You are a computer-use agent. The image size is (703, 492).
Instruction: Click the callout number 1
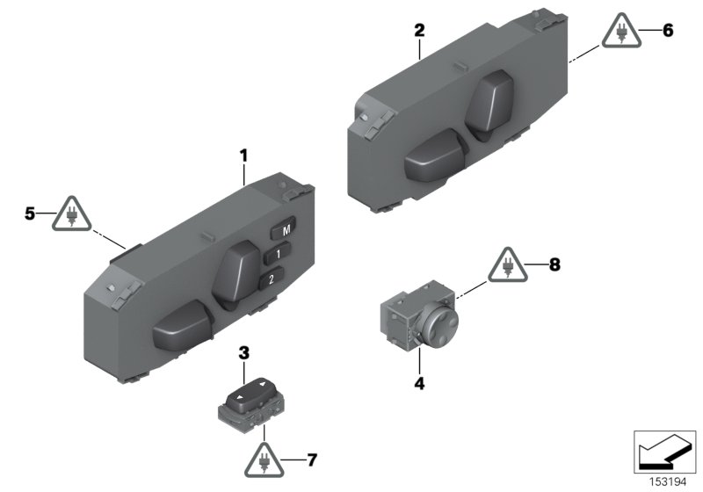(243, 156)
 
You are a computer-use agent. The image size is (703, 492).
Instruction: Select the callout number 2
(419, 30)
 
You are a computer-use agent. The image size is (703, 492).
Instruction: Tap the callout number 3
(244, 353)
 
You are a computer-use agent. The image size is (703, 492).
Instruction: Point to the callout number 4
(419, 384)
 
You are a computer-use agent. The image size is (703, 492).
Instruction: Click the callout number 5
(31, 213)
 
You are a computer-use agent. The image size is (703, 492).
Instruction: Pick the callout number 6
(667, 30)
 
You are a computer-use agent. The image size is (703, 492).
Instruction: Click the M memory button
(284, 231)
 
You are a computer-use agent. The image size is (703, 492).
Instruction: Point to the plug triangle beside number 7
(265, 459)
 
